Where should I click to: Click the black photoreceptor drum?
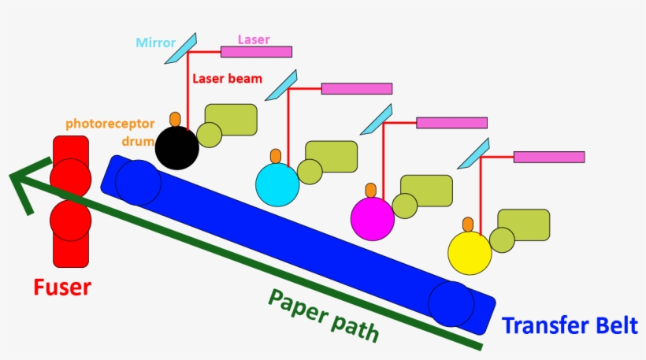pos(176,147)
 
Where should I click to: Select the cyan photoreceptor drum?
pos(277,185)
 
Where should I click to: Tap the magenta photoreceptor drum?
pos(373,219)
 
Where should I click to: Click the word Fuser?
pos(61,288)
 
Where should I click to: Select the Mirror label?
pos(155,43)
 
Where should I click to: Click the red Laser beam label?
pos(228,79)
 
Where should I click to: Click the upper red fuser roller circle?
pos(70,177)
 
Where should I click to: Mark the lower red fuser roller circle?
pos(70,220)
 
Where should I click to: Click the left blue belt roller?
pos(139,182)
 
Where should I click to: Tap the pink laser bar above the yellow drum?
pos(549,157)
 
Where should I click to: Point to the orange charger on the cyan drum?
pos(276,157)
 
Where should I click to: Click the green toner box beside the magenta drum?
pos(426,191)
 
